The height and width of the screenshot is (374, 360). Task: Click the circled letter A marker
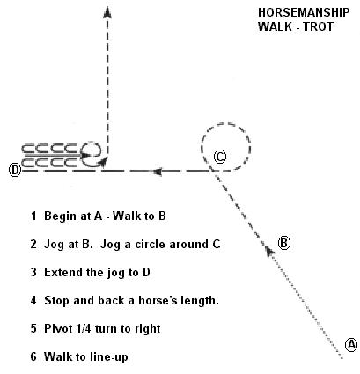pos(351,344)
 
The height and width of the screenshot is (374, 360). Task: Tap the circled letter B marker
pos(283,243)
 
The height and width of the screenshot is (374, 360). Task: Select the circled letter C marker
pos(220,157)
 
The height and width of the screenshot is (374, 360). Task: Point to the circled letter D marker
pos(15,170)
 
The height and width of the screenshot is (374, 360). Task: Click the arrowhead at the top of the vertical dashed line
pos(107,12)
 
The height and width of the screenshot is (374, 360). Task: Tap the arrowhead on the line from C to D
pos(157,172)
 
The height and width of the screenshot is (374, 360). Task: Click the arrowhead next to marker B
pos(269,251)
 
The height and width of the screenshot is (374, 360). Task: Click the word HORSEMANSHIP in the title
pos(304,12)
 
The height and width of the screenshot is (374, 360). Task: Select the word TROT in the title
pos(319,26)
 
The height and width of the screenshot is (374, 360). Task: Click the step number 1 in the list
pos(34,216)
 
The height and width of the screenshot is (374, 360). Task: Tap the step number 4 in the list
pos(33,300)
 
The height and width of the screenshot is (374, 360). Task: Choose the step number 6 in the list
pos(33,356)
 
